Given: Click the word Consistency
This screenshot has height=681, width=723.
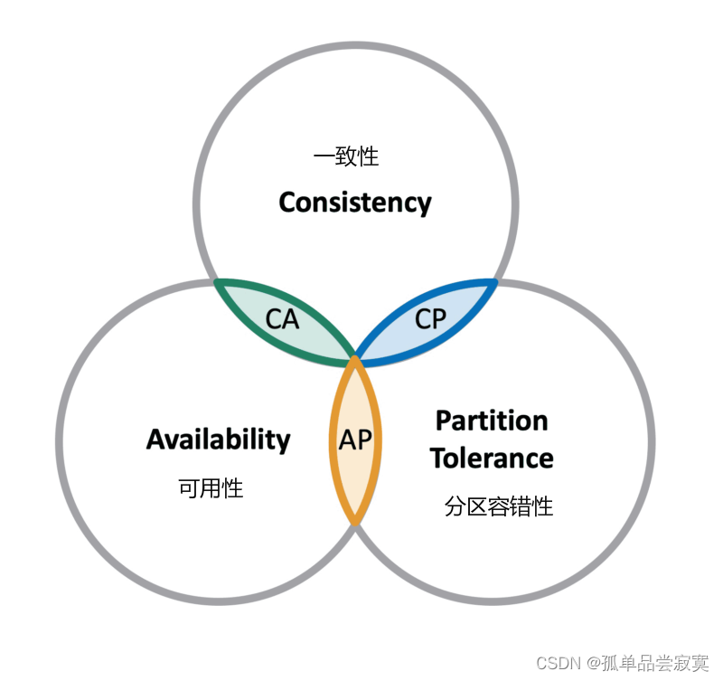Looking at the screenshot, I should click(354, 202).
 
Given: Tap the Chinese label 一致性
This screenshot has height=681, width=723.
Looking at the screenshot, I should click(346, 156).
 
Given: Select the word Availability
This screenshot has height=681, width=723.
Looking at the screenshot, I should click(218, 440).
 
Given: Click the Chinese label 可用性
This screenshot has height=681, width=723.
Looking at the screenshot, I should click(211, 488).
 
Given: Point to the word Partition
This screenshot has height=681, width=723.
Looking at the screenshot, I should click(492, 421).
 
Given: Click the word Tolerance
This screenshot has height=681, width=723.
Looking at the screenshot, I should click(492, 458).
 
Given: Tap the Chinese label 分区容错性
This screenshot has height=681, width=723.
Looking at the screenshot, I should click(498, 506).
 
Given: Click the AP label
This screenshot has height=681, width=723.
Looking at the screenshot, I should click(355, 440).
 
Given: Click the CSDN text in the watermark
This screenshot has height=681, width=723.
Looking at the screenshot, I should click(558, 663).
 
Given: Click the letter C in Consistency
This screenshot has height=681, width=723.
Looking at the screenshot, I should click(288, 202).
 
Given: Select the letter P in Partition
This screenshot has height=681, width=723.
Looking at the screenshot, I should click(444, 421).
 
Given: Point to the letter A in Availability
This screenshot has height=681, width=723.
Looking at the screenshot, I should click(155, 440).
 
